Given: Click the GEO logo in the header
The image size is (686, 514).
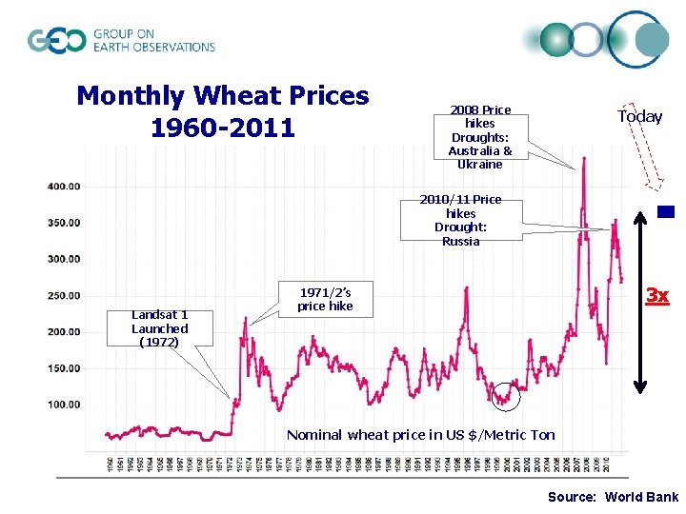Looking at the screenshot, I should [x=122, y=40].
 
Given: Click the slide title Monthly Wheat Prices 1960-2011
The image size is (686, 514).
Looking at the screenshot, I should [x=222, y=110].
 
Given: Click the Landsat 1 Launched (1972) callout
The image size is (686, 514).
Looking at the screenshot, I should [x=159, y=328].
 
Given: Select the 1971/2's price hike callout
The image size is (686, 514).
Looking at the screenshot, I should [x=325, y=299].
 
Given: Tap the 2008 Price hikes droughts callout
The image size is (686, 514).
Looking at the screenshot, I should [x=479, y=137].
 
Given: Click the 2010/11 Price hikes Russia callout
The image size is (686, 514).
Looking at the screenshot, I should [x=460, y=220].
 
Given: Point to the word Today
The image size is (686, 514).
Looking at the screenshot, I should [x=639, y=116].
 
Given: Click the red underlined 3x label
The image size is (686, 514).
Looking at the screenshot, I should [x=656, y=296].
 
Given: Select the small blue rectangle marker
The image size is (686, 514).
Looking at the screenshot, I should [x=666, y=212].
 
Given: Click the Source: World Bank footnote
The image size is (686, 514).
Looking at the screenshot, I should [x=613, y=497].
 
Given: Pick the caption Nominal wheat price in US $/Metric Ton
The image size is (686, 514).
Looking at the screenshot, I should [x=420, y=435].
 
